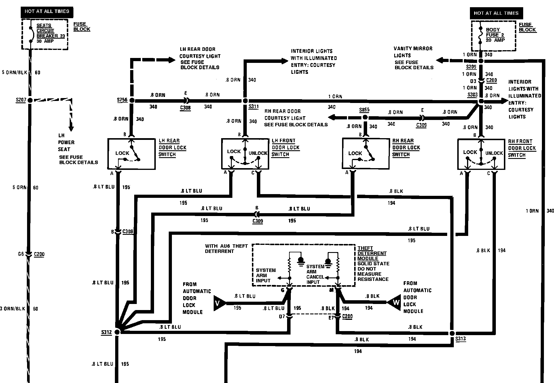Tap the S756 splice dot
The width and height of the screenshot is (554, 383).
click(132, 100)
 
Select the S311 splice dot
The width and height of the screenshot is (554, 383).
click(245, 101)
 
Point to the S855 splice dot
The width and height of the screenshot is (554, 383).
click(365, 117)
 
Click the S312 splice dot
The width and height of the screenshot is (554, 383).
click(117, 332)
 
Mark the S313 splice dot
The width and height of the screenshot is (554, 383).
click(452, 333)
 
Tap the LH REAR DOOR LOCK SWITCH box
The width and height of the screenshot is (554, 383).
click(131, 154)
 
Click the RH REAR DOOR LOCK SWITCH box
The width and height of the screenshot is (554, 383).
click(365, 153)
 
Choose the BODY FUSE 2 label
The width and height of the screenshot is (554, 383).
click(495, 35)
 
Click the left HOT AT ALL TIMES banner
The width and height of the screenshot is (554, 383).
click(47, 12)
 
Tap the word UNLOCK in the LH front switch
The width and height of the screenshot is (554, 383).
click(258, 153)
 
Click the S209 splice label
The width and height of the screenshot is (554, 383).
click(471, 67)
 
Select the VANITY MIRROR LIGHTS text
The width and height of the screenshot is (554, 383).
click(413, 52)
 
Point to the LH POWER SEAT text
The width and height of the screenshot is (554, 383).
click(66, 142)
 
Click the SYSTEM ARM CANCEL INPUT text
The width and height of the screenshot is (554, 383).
click(315, 274)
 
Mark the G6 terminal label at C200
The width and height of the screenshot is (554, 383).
click(21, 254)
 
